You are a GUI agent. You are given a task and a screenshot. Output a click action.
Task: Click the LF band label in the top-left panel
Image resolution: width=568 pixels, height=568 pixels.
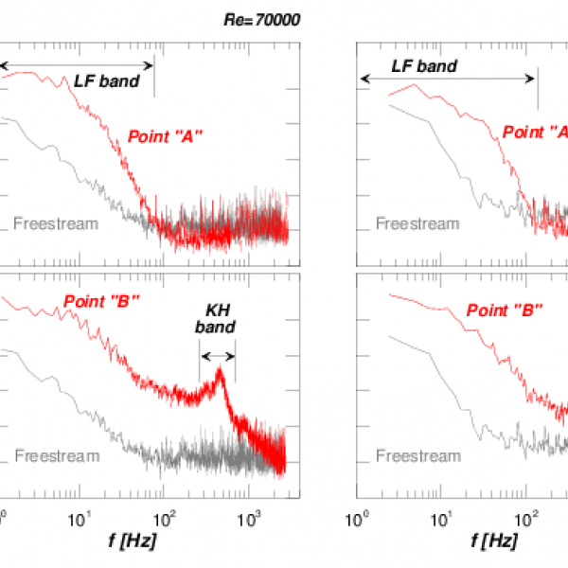tap(107, 81)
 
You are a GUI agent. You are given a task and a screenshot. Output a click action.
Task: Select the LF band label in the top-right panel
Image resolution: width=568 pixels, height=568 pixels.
tap(424, 66)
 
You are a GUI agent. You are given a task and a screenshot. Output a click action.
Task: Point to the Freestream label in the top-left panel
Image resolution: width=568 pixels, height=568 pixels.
tap(57, 223)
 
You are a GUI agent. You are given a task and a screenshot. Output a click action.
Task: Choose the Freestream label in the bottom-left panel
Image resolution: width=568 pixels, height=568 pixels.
tap(57, 456)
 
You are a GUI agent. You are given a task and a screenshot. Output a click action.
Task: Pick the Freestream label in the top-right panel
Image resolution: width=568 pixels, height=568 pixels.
tap(417, 223)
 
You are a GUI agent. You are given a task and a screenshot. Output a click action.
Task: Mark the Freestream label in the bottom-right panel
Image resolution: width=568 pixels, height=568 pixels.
tap(417, 456)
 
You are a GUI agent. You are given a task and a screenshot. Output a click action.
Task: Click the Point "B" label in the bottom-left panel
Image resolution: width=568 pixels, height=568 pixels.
tap(102, 302)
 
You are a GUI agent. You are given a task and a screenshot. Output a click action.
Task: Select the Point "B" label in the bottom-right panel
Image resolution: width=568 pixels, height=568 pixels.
tap(504, 310)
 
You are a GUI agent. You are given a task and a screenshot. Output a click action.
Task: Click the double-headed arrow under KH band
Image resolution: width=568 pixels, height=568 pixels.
tap(217, 356)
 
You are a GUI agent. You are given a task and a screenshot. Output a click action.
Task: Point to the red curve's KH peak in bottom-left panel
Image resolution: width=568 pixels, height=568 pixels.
tap(220, 370)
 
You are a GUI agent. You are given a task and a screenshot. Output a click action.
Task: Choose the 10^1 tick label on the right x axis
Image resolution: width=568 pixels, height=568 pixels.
tap(442, 518)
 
